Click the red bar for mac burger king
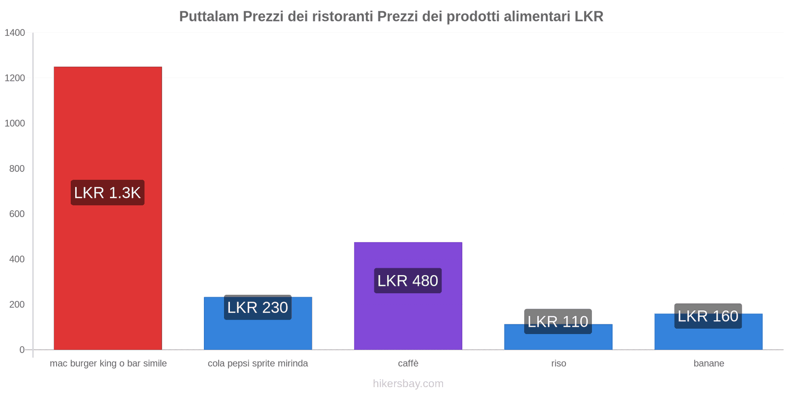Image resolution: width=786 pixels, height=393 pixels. coord(108,123)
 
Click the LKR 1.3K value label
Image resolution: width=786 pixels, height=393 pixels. coord(108,193)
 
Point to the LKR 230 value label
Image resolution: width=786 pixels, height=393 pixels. coord(258,308)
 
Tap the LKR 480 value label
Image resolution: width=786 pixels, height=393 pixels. coord(408,281)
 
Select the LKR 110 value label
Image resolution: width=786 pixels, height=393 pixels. coord(558,321)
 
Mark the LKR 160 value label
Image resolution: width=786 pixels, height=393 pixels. coord(708,316)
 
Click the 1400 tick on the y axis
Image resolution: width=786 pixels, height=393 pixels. coord(15,33)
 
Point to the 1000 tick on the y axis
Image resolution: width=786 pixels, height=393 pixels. coord(15,123)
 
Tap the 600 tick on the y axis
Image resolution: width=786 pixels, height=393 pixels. coord(17,214)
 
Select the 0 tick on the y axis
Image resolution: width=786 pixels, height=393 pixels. coord(22,350)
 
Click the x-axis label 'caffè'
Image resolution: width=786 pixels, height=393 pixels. coord(408,364)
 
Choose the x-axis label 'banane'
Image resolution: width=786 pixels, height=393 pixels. coord(709,364)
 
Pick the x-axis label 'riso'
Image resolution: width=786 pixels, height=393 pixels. coord(559,364)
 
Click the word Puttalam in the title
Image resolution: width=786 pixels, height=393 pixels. coord(209,17)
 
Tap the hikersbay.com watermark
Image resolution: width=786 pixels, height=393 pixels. coord(408,384)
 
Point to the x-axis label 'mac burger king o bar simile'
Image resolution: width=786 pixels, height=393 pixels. coord(108,364)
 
